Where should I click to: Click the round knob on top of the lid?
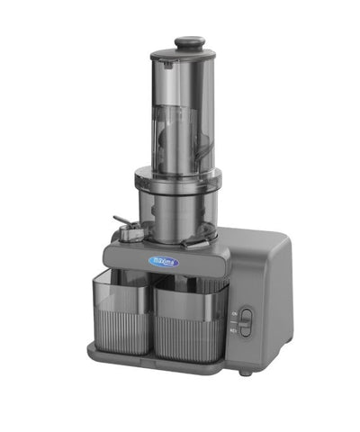(x=188, y=41)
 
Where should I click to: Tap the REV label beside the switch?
(x=233, y=331)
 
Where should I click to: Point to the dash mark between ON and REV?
(x=233, y=322)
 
